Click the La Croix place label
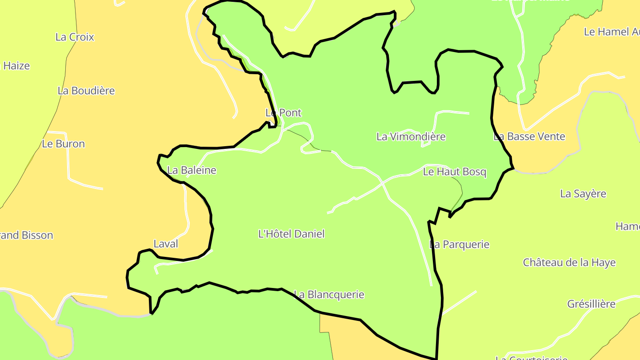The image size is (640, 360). (x=75, y=37)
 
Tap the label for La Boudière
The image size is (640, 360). (x=86, y=91)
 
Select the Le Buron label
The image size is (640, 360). (x=63, y=144)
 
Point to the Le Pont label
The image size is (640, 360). (x=284, y=113)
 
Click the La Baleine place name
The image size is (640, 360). (x=192, y=170)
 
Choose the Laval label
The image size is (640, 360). (x=166, y=244)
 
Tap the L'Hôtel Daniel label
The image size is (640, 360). (x=292, y=234)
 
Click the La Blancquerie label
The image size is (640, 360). (x=329, y=295)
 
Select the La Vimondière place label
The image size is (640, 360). (x=411, y=136)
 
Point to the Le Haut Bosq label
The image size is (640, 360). (x=455, y=172)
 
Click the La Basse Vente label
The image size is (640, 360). (x=529, y=136)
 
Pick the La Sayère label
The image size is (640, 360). (x=583, y=194)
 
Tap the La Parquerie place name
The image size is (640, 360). (x=459, y=244)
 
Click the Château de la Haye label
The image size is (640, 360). (x=569, y=262)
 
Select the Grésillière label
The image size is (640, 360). (x=591, y=304)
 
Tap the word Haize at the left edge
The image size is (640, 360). (x=16, y=66)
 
